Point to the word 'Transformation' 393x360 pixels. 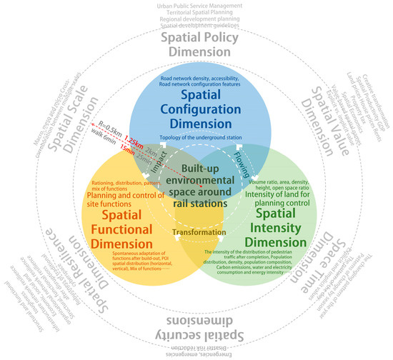[x=196, y=231]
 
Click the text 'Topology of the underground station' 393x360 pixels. [x=196, y=136]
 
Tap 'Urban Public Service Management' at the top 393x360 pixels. [x=196, y=6]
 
